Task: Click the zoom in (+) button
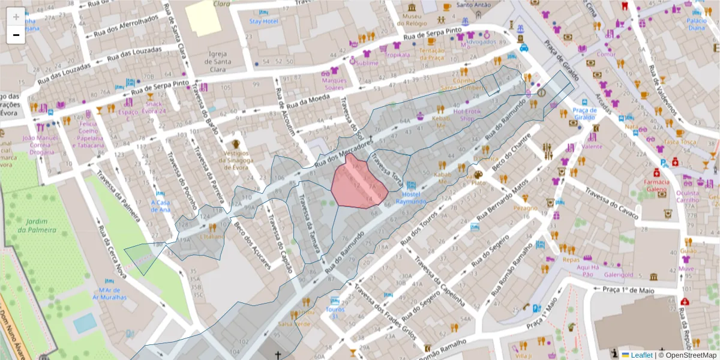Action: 16,17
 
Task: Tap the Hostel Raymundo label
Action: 411,197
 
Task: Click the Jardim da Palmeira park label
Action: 37,226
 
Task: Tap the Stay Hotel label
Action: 264,22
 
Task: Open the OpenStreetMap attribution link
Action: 690,355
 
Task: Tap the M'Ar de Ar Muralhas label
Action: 109,293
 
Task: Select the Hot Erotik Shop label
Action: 471,115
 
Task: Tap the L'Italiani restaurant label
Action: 211,237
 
